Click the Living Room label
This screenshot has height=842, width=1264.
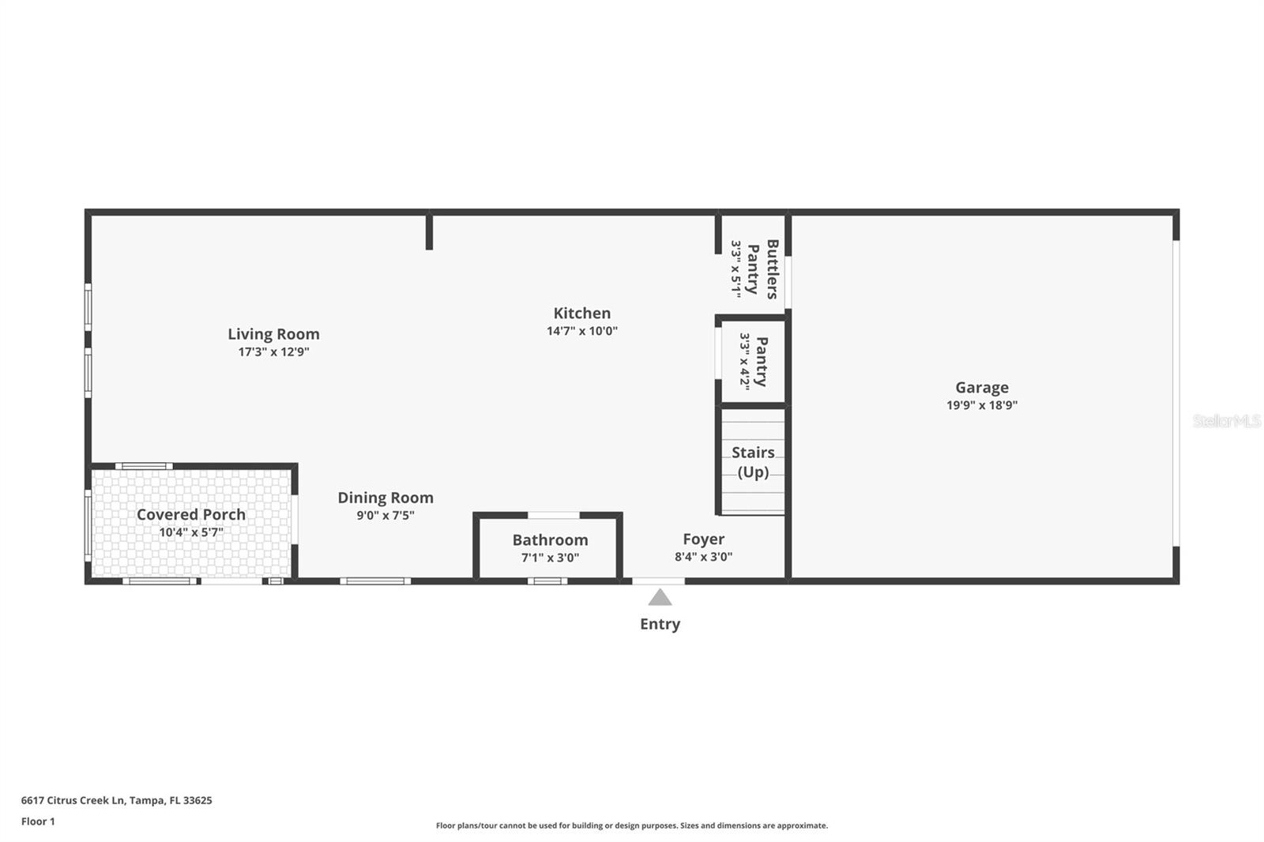[x=273, y=334]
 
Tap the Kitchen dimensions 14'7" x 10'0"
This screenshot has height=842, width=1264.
[x=581, y=331]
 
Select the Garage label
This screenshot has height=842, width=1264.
[x=981, y=387]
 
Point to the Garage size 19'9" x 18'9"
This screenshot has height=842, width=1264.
[x=981, y=405]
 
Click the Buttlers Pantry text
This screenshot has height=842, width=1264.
[x=762, y=269]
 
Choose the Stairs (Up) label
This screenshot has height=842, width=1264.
[x=752, y=462]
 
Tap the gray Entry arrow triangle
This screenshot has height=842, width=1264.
[x=660, y=598]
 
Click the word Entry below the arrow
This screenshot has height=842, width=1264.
[x=660, y=624]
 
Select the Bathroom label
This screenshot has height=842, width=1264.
[x=550, y=539]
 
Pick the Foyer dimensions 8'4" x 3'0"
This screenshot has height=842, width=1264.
[x=703, y=557]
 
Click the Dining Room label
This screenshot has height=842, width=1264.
[x=386, y=498]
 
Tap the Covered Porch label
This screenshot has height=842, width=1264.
[x=191, y=514]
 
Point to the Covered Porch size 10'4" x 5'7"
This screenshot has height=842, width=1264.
[x=191, y=532]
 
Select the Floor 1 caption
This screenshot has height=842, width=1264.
[x=38, y=821]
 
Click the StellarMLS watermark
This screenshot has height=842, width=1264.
[x=1226, y=421]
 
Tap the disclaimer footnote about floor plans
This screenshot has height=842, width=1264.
[x=632, y=825]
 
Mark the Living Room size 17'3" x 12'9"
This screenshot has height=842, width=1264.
[x=273, y=352]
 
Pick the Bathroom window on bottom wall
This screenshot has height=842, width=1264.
[x=547, y=581]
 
